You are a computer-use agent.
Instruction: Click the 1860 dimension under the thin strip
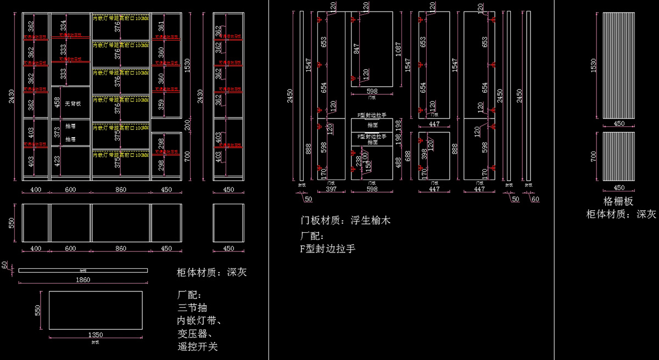coord(83,280)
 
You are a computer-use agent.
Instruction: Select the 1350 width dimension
coord(96,334)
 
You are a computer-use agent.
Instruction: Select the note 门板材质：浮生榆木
coord(345,221)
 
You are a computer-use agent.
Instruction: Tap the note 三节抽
coord(192,307)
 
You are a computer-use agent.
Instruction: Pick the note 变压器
coord(195,334)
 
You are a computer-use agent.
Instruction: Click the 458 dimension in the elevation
coord(58,103)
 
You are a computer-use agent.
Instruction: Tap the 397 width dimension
coord(331,189)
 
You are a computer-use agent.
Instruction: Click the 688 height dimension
coord(407,155)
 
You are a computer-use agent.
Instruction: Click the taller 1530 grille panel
coord(618,65)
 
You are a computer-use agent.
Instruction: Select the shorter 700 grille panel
coord(618,156)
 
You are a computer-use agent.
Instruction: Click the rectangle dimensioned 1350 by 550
coord(96,310)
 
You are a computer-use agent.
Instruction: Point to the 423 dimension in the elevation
coord(58,162)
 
